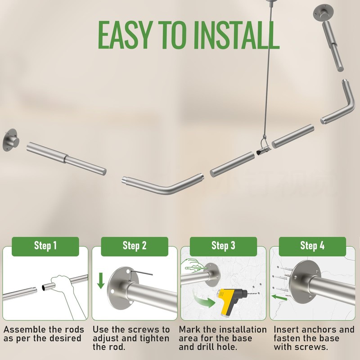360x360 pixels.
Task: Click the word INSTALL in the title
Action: tap(236, 35)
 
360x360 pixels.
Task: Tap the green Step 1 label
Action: tap(45, 246)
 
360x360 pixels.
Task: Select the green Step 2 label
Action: tap(135, 246)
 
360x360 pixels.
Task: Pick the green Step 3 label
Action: tap(223, 246)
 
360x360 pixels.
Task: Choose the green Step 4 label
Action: tap(312, 246)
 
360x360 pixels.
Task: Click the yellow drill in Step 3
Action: tap(231, 301)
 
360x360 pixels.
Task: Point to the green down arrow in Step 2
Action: tap(101, 280)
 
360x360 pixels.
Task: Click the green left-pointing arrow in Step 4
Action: tap(279, 297)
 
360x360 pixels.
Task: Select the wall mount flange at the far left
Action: tap(11, 140)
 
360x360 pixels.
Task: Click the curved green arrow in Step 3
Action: tap(203, 300)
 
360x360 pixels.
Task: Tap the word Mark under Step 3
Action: tap(189, 330)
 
